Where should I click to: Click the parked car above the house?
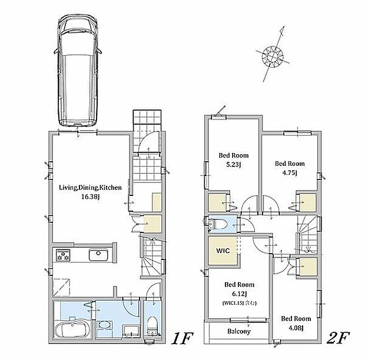point(78,72)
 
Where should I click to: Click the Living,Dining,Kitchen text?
point(90,188)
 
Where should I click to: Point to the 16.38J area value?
point(90,197)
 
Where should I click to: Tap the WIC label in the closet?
point(223,251)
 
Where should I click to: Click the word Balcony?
point(239,331)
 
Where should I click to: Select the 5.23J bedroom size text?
point(234,165)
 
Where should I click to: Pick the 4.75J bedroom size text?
point(290,173)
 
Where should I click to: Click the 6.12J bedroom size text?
point(239,294)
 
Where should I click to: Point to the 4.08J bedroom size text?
point(296,328)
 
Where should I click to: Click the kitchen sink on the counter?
point(98,255)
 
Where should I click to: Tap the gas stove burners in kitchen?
point(63,255)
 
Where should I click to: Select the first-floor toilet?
point(152,326)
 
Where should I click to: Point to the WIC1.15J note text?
point(240,304)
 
